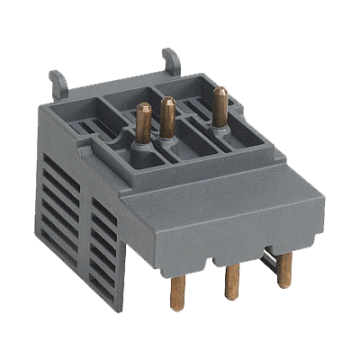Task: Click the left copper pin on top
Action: click(143, 121)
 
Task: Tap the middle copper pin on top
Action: click(166, 116)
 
